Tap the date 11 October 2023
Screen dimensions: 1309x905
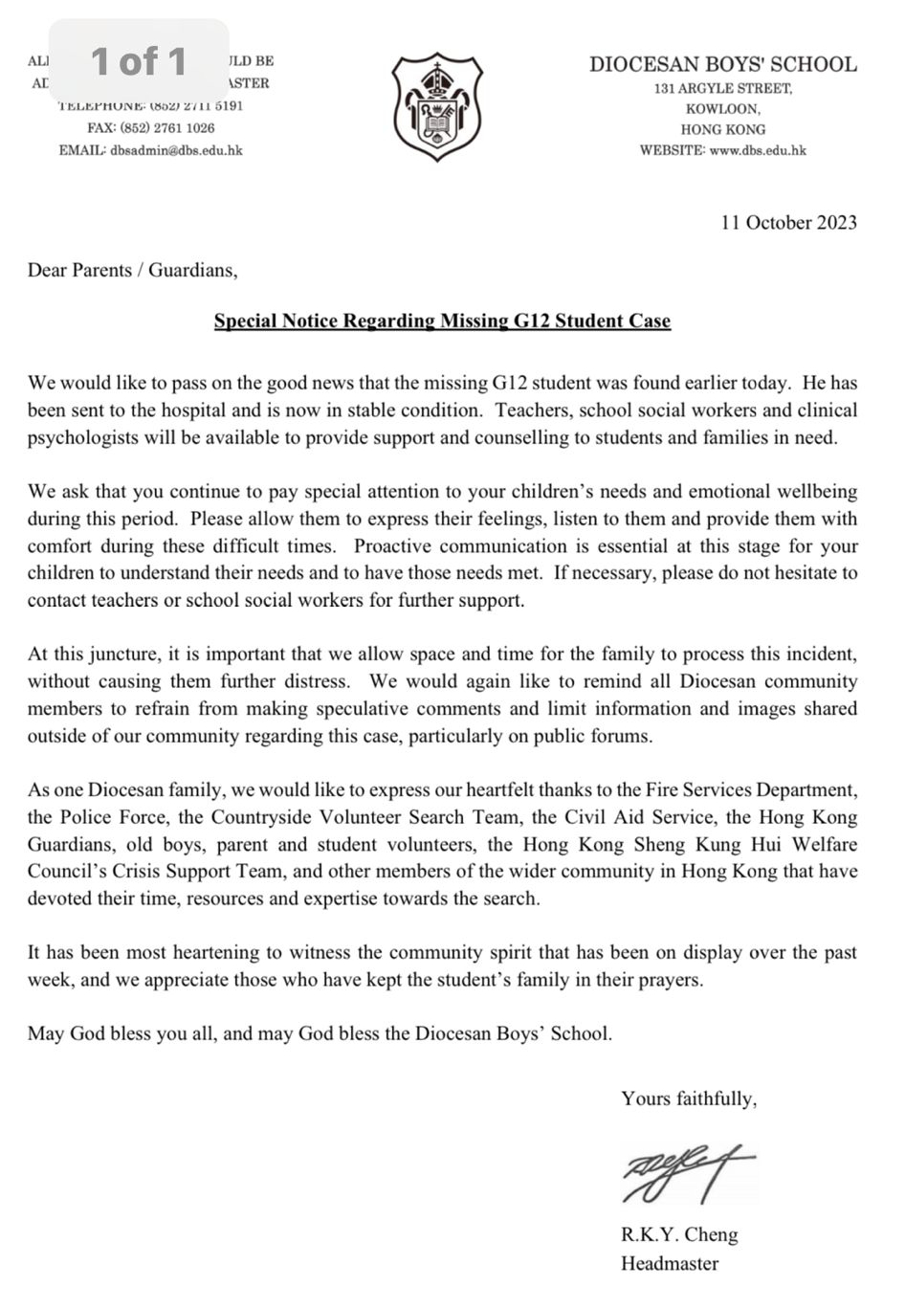coord(788,223)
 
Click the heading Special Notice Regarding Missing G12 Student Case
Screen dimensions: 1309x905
coord(442,322)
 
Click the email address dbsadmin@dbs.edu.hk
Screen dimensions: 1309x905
coord(176,150)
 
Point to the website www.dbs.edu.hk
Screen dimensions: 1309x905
coord(758,150)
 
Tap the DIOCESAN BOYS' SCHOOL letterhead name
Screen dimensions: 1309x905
coord(722,65)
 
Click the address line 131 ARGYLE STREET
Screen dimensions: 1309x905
coord(722,89)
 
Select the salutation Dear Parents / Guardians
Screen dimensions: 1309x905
coord(132,271)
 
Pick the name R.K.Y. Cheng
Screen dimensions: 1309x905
coord(679,1234)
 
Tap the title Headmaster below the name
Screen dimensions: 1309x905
coord(669,1263)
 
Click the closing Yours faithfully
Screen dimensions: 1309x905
coord(688,1098)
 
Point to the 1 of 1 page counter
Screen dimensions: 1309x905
coord(139,62)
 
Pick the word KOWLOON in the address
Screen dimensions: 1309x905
coord(722,109)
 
